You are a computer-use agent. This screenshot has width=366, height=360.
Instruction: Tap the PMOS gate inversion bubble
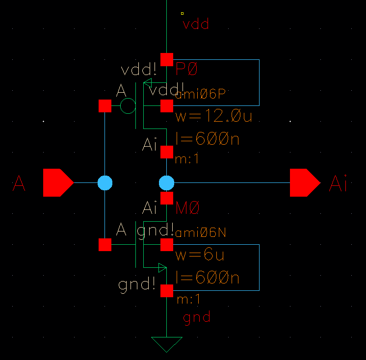coord(128,105)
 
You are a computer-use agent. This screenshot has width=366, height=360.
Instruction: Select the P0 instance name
coord(186,70)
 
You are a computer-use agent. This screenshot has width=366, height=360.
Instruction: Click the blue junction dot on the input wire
coord(105,182)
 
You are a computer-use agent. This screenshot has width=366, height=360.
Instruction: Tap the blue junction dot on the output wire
coord(167,182)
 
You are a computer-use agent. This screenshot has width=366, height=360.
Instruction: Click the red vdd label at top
coord(196,25)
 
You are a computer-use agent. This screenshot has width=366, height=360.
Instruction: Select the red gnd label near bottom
coord(197,317)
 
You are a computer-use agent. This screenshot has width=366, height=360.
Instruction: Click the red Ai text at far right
coord(338,184)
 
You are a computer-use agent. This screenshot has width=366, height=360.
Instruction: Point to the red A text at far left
coord(19,184)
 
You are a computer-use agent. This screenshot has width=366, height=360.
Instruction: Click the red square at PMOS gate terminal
coord(105,105)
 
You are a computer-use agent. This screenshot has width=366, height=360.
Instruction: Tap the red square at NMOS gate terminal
coord(105,244)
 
